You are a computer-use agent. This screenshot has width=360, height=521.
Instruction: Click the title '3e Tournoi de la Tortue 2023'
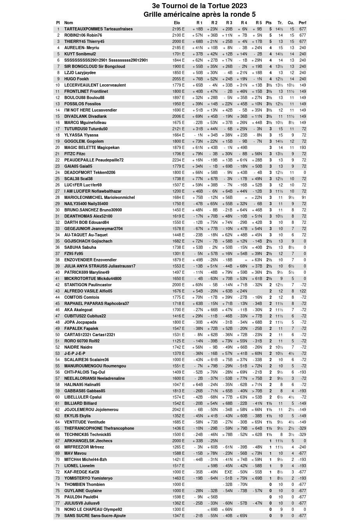point(199,6)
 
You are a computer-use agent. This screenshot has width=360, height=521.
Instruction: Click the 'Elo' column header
point(177,23)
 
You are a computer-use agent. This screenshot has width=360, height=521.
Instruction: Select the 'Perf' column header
point(302,23)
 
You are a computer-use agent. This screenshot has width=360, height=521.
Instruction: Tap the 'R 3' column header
point(229,23)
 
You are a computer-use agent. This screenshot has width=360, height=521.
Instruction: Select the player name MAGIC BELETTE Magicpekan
point(92,147)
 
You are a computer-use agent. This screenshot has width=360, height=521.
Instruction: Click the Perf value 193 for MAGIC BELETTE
point(303,147)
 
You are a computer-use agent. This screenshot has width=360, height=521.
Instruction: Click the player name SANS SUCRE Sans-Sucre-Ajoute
point(95,516)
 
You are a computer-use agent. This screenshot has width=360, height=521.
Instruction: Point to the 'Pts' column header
point(268,23)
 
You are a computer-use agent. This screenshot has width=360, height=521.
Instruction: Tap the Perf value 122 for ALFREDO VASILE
point(303,291)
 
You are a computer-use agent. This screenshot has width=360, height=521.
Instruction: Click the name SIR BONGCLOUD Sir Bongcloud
point(95,66)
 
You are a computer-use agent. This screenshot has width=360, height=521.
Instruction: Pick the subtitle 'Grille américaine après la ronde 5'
point(199,14)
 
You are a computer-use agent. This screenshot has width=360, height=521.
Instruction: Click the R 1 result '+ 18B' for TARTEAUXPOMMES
point(198,29)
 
